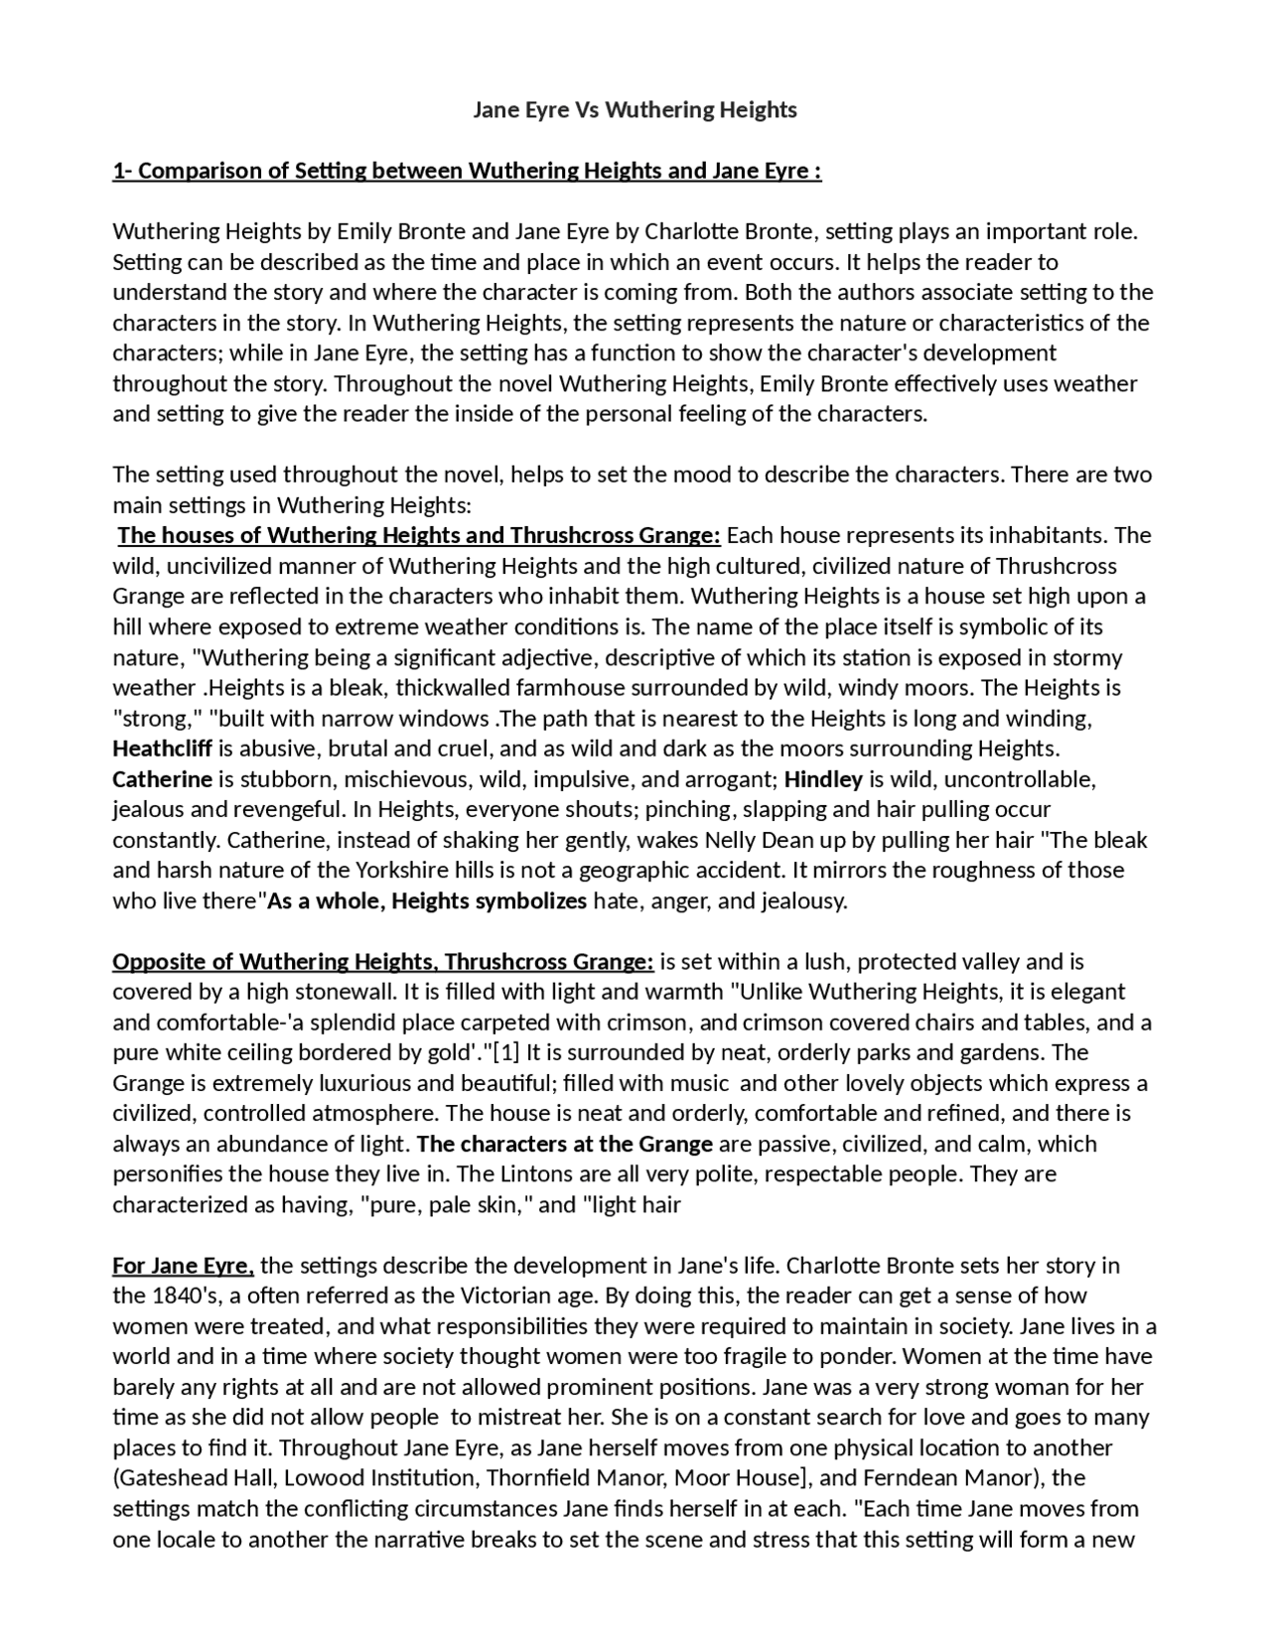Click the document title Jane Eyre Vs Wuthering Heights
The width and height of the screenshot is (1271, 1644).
point(635,110)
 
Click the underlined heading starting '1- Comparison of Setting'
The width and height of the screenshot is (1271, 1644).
point(467,171)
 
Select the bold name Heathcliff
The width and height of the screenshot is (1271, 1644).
point(162,749)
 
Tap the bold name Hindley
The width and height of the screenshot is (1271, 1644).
point(823,779)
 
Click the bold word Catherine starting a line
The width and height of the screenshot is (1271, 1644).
point(162,779)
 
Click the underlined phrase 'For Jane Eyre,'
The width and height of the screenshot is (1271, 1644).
point(183,1266)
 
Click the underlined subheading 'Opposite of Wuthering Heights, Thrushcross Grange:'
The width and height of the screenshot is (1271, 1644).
point(382,962)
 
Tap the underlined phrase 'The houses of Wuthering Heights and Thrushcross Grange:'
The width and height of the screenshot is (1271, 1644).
point(418,536)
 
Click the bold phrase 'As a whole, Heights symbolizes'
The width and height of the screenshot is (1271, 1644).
point(428,901)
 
